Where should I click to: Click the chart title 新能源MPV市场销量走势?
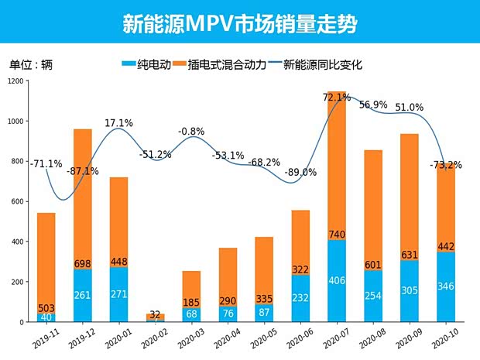tap(239, 23)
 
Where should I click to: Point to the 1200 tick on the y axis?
tap(15, 81)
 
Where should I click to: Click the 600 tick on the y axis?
tap(18, 201)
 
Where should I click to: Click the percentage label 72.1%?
tap(337, 98)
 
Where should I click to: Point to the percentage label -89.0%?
tap(300, 173)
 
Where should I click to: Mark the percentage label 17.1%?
tap(118, 123)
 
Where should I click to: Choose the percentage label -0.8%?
tap(191, 132)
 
